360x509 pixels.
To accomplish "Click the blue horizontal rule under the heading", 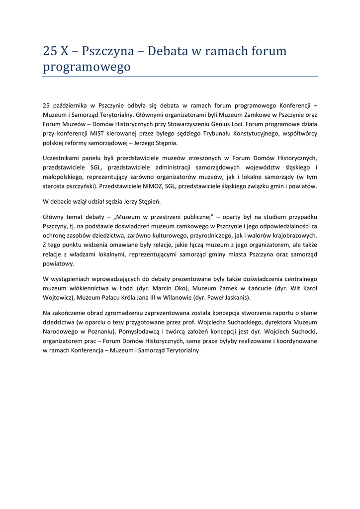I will (x=180, y=77).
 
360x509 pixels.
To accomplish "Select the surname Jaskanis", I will (x=236, y=297).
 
